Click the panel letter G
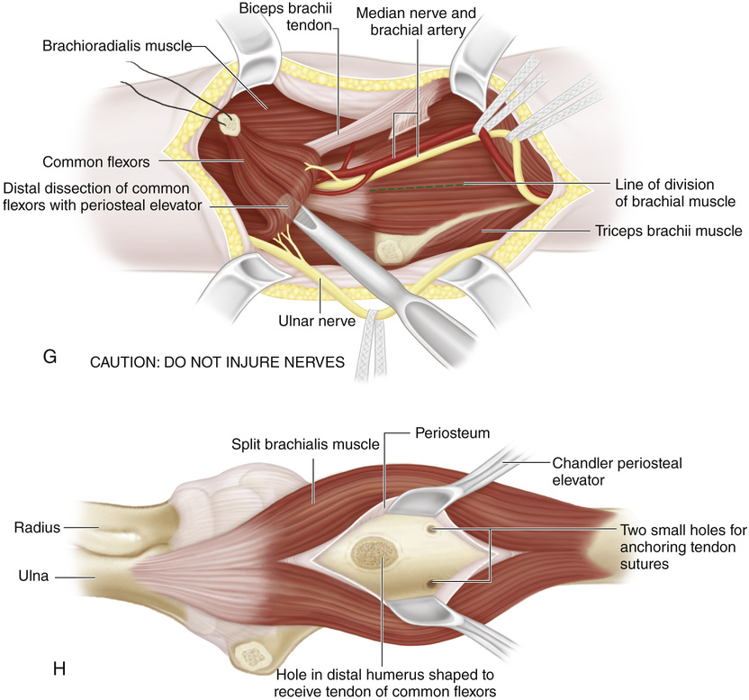point(50,358)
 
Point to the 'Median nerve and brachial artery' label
point(417,23)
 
